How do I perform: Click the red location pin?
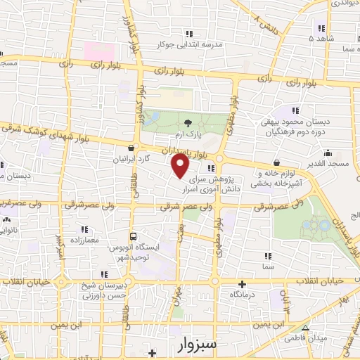181,167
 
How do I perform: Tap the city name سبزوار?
189,345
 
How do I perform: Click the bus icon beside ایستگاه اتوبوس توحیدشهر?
132,237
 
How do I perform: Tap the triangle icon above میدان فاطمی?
305,328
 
